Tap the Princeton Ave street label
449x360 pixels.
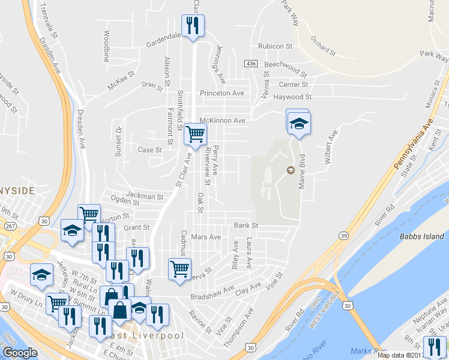222,93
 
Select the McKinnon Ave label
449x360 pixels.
223,121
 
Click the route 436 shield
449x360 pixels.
251,63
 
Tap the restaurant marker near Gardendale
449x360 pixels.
193,26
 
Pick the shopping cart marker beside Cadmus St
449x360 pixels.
179,269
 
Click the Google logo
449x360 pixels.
20,352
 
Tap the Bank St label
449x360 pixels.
246,225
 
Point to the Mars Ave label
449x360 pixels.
205,237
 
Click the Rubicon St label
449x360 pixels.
275,46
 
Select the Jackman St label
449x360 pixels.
145,196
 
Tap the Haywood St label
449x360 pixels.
292,97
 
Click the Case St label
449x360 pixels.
150,149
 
